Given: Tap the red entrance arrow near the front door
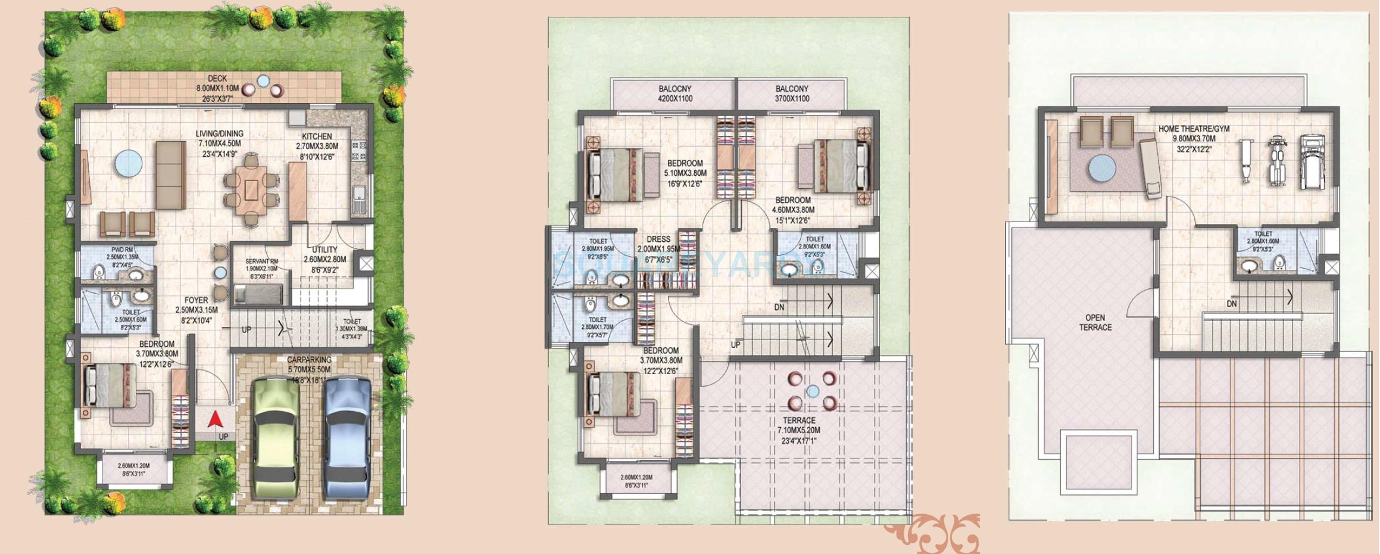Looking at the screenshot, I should [216, 420].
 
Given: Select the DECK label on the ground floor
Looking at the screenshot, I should [217, 79].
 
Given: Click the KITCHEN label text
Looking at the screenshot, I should [317, 136].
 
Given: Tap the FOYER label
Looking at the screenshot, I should [196, 300].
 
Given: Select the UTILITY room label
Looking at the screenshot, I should [324, 250].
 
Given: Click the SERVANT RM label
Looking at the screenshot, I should [262, 262].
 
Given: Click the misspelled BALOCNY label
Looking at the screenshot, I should [675, 89].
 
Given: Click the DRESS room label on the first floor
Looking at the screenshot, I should [658, 239].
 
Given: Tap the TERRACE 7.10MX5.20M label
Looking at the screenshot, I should [799, 421].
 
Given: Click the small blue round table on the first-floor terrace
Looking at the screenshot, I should [813, 391].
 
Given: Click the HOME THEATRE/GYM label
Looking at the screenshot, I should [1194, 129].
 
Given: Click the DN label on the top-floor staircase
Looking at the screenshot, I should [1232, 304].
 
